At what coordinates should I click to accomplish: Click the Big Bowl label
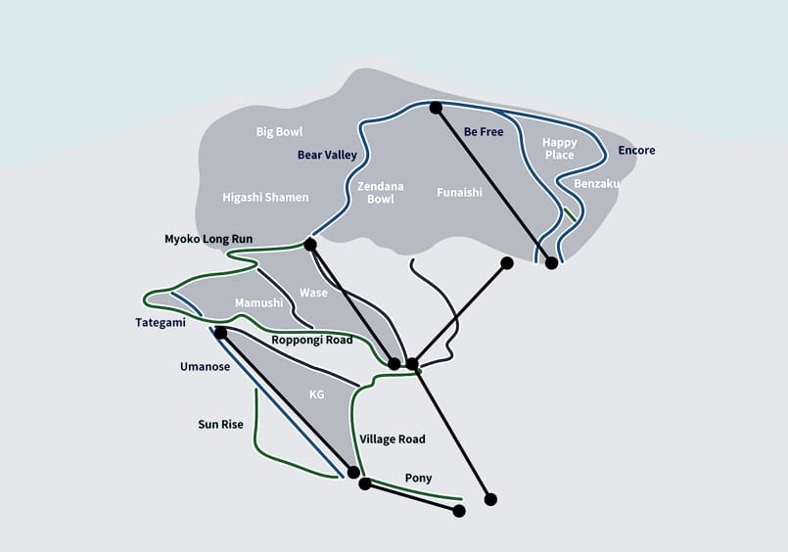tap(279, 132)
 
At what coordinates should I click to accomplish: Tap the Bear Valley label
tap(327, 156)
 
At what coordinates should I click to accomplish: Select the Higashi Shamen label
tap(265, 198)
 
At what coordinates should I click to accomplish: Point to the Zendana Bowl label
tap(381, 193)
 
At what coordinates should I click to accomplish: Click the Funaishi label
tap(459, 193)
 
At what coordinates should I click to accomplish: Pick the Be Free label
tap(484, 131)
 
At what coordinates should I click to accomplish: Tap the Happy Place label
tap(559, 149)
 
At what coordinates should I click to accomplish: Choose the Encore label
tap(636, 150)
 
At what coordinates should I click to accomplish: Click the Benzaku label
tap(596, 184)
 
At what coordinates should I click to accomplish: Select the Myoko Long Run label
tap(209, 239)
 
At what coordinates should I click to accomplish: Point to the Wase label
tap(313, 293)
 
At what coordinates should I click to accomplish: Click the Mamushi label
tap(258, 302)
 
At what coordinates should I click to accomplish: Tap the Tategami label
tap(161, 322)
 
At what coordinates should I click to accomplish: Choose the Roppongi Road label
tap(312, 340)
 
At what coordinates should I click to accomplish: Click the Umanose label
tap(205, 367)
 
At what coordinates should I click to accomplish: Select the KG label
tap(316, 394)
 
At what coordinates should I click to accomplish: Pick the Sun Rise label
tap(220, 425)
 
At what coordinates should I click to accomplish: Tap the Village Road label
tap(393, 439)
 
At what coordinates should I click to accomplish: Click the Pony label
tap(419, 479)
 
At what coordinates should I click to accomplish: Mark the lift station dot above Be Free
tap(436, 108)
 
